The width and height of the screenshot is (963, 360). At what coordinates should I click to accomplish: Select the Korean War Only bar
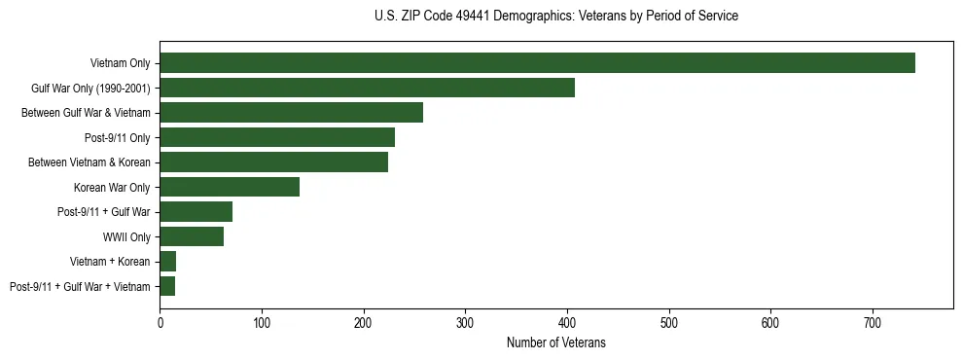(230, 187)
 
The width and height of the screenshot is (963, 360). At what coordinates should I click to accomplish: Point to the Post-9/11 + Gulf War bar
(196, 211)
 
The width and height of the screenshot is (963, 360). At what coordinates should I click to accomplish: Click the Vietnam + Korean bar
(167, 261)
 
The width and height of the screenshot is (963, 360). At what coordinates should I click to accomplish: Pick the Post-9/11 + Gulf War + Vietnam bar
(167, 286)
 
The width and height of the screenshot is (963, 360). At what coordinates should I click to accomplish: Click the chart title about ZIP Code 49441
(556, 17)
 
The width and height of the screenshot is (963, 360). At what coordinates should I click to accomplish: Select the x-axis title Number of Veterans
(556, 342)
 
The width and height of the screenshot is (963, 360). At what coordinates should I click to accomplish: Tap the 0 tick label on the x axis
(160, 320)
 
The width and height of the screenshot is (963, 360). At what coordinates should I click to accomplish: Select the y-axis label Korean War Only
(112, 187)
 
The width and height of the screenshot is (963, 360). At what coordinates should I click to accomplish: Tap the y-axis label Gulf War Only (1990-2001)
(91, 89)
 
